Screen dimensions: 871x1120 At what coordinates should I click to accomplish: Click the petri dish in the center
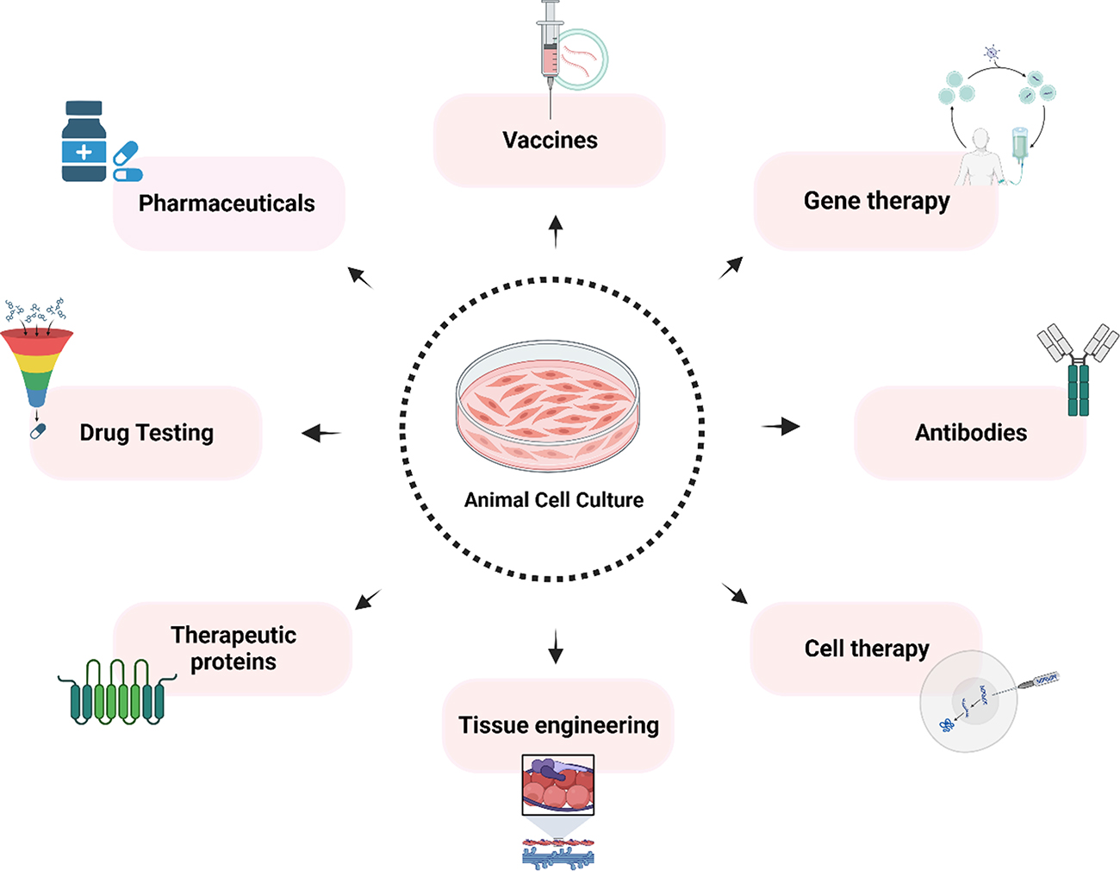[548, 405]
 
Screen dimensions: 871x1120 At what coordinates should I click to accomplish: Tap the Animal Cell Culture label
[553, 500]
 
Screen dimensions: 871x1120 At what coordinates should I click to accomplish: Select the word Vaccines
[550, 141]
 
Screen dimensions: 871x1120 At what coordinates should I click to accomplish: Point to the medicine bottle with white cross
[84, 142]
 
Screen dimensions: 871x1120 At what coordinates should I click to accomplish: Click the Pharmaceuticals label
[227, 204]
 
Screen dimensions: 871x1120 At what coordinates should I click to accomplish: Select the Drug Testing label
[146, 433]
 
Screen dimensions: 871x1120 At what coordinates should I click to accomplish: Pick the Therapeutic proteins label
[233, 649]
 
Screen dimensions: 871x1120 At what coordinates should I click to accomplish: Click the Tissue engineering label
[558, 725]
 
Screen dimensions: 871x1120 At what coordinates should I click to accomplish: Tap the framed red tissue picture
[557, 785]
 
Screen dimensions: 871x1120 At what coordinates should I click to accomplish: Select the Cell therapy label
[867, 649]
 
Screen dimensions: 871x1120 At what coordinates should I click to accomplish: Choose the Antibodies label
[971, 433]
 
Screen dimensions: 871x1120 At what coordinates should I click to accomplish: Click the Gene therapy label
[876, 201]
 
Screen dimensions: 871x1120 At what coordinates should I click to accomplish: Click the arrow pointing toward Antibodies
[781, 426]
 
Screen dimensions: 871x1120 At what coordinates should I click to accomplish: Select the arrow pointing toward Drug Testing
[321, 433]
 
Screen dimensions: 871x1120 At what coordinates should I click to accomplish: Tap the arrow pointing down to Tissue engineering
[556, 647]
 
